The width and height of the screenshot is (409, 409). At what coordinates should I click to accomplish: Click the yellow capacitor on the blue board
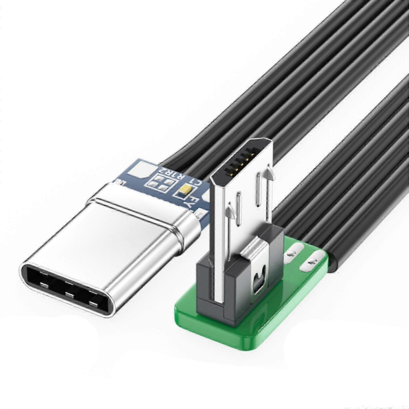point(185,189)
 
